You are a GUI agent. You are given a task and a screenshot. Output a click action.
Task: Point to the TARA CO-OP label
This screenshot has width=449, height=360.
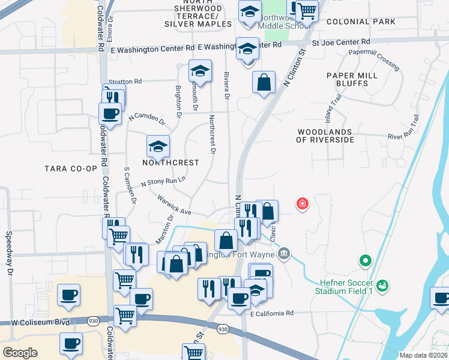click(x=71, y=169)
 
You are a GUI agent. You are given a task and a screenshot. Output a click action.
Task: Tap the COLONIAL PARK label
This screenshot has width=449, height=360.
click(x=361, y=22)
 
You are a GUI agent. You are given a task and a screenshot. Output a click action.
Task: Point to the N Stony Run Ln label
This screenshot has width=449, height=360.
click(x=163, y=181)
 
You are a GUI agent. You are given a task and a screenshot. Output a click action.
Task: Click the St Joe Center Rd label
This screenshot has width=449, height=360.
click(x=341, y=43)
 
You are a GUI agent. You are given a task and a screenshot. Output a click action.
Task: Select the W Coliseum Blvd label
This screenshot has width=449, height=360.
click(x=37, y=322)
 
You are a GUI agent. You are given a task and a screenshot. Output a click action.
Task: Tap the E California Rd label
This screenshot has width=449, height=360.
click(x=272, y=313)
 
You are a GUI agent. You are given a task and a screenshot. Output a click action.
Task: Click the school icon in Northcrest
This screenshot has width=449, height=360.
click(x=158, y=146)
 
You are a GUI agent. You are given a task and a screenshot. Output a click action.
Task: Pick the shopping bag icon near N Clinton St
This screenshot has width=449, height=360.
click(x=264, y=83)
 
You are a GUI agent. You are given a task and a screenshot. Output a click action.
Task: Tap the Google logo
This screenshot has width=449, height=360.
click(x=20, y=353)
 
